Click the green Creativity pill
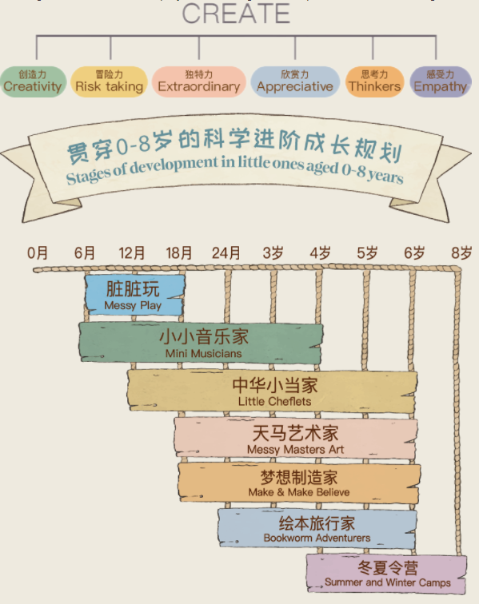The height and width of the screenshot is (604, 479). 33,81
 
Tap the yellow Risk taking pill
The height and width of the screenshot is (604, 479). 109,81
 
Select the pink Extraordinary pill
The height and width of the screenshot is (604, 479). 199,81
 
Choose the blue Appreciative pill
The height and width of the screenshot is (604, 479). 295,81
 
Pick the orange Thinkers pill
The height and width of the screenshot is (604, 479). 374,81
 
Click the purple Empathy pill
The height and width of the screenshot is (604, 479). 441,81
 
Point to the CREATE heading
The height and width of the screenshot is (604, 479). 236,14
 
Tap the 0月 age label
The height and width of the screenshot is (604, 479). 38,253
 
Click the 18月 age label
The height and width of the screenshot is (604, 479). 179,253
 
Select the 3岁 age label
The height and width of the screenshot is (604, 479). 273,253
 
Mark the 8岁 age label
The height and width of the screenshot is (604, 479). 461,253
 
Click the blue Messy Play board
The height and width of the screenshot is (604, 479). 134,295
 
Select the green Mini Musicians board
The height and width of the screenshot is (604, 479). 201,343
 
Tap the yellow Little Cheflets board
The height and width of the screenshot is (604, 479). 272,391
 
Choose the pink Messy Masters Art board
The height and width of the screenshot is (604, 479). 295,439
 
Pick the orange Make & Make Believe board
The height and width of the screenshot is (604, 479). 299,483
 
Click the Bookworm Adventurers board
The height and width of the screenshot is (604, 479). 317,529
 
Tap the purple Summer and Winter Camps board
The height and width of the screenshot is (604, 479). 387,574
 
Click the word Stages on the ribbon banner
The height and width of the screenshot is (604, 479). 87,176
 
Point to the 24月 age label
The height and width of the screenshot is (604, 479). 226,253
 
